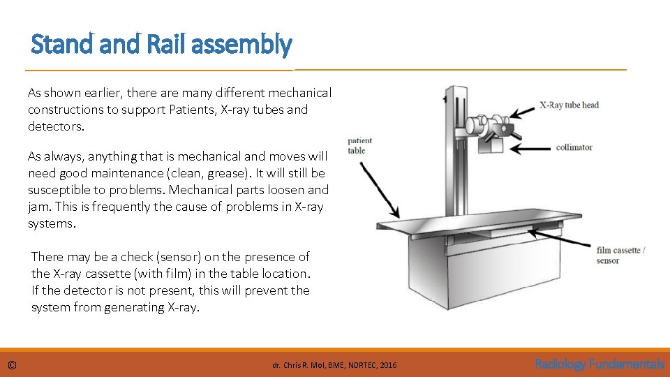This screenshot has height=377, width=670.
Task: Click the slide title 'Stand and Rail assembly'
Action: (161, 45)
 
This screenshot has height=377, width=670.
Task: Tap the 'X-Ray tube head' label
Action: (569, 105)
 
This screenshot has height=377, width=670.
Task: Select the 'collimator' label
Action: (574, 147)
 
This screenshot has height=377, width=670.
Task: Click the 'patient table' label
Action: (359, 145)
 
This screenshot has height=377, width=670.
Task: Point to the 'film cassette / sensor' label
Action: (620, 256)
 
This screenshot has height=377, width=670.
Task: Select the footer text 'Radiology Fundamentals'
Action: (600, 364)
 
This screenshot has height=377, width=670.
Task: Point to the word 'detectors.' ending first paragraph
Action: (56, 126)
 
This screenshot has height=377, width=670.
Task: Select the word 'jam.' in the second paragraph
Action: (39, 207)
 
